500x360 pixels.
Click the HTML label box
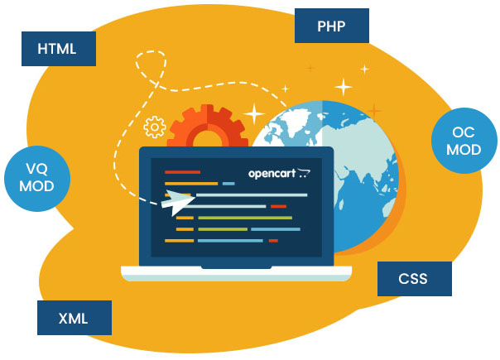(57, 49)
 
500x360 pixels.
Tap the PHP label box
(331, 26)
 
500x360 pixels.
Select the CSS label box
(414, 279)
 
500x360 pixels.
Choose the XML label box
(74, 318)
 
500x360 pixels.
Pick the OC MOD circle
(464, 142)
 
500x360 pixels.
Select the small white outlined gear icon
(154, 127)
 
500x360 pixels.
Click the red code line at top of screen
(177, 172)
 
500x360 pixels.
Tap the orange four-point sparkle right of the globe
(374, 110)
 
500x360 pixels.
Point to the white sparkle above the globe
(343, 85)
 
